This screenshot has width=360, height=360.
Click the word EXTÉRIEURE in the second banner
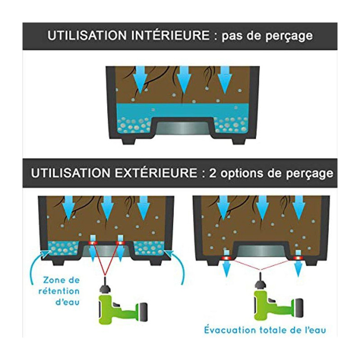tap(156, 173)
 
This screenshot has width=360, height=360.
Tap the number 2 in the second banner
tap(212, 173)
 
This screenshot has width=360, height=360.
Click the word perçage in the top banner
tap(289, 36)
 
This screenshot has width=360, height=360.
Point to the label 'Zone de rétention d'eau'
tap(59, 291)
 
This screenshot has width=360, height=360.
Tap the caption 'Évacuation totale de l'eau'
tap(265, 330)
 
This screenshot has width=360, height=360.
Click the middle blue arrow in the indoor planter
tap(184, 80)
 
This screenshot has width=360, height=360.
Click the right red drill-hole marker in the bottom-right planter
tap(298, 258)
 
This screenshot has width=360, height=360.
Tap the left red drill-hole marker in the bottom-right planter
tap(226, 258)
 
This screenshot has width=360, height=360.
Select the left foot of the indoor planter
tap(129, 141)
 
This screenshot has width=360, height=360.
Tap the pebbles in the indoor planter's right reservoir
tap(231, 125)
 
